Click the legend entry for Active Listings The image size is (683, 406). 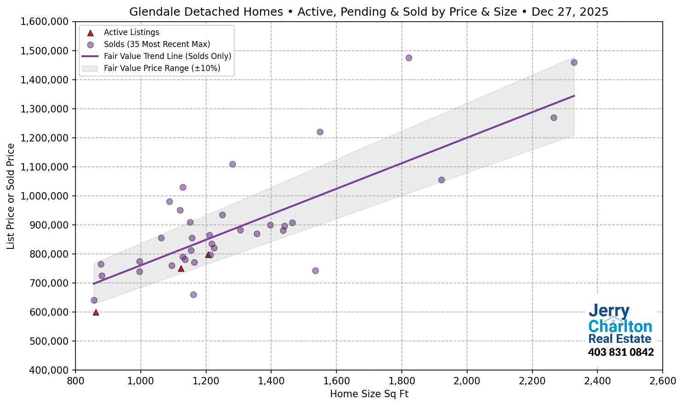[131, 32]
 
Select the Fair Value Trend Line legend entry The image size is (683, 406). [167, 56]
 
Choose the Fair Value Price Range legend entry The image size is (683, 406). [162, 68]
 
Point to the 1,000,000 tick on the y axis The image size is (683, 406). [44, 196]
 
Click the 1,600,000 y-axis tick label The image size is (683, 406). [44, 22]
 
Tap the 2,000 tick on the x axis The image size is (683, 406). [467, 381]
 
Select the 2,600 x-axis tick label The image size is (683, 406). [662, 381]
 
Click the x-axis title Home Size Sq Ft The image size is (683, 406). [369, 394]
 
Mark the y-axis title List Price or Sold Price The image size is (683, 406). [11, 196]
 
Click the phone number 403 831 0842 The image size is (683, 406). [620, 353]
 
